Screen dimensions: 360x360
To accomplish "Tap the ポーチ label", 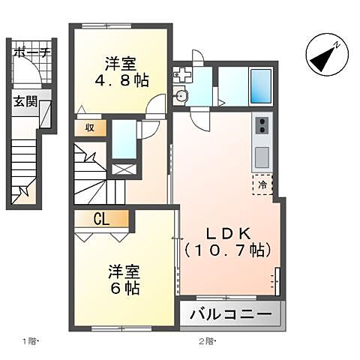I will pyautogui.click(x=31, y=52).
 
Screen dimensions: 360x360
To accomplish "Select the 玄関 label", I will pyautogui.click(x=24, y=102).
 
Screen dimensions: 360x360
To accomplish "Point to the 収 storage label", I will pyautogui.click(x=89, y=128).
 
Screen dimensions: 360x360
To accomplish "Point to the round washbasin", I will pyautogui.click(x=182, y=96).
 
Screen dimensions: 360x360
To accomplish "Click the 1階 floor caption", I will pyautogui.click(x=31, y=342).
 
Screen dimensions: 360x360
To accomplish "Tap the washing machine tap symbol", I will pyautogui.click(x=181, y=74).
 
